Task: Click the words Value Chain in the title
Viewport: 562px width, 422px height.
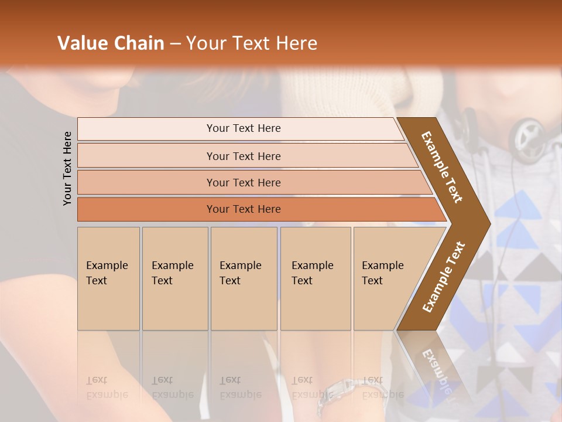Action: click(x=111, y=43)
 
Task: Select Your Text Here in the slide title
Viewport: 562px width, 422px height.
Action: click(x=252, y=43)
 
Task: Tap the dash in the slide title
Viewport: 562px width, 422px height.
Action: click(x=175, y=44)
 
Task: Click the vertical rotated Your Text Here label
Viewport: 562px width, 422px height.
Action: click(x=67, y=168)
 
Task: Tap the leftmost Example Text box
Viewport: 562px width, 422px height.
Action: click(x=108, y=278)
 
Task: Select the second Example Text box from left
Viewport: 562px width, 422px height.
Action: click(x=175, y=278)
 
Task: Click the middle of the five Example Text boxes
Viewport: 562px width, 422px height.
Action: click(x=244, y=278)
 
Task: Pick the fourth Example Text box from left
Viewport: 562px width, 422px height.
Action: click(x=316, y=278)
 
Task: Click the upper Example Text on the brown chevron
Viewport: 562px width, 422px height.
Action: click(x=442, y=167)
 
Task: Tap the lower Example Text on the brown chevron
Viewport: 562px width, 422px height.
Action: click(x=443, y=277)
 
